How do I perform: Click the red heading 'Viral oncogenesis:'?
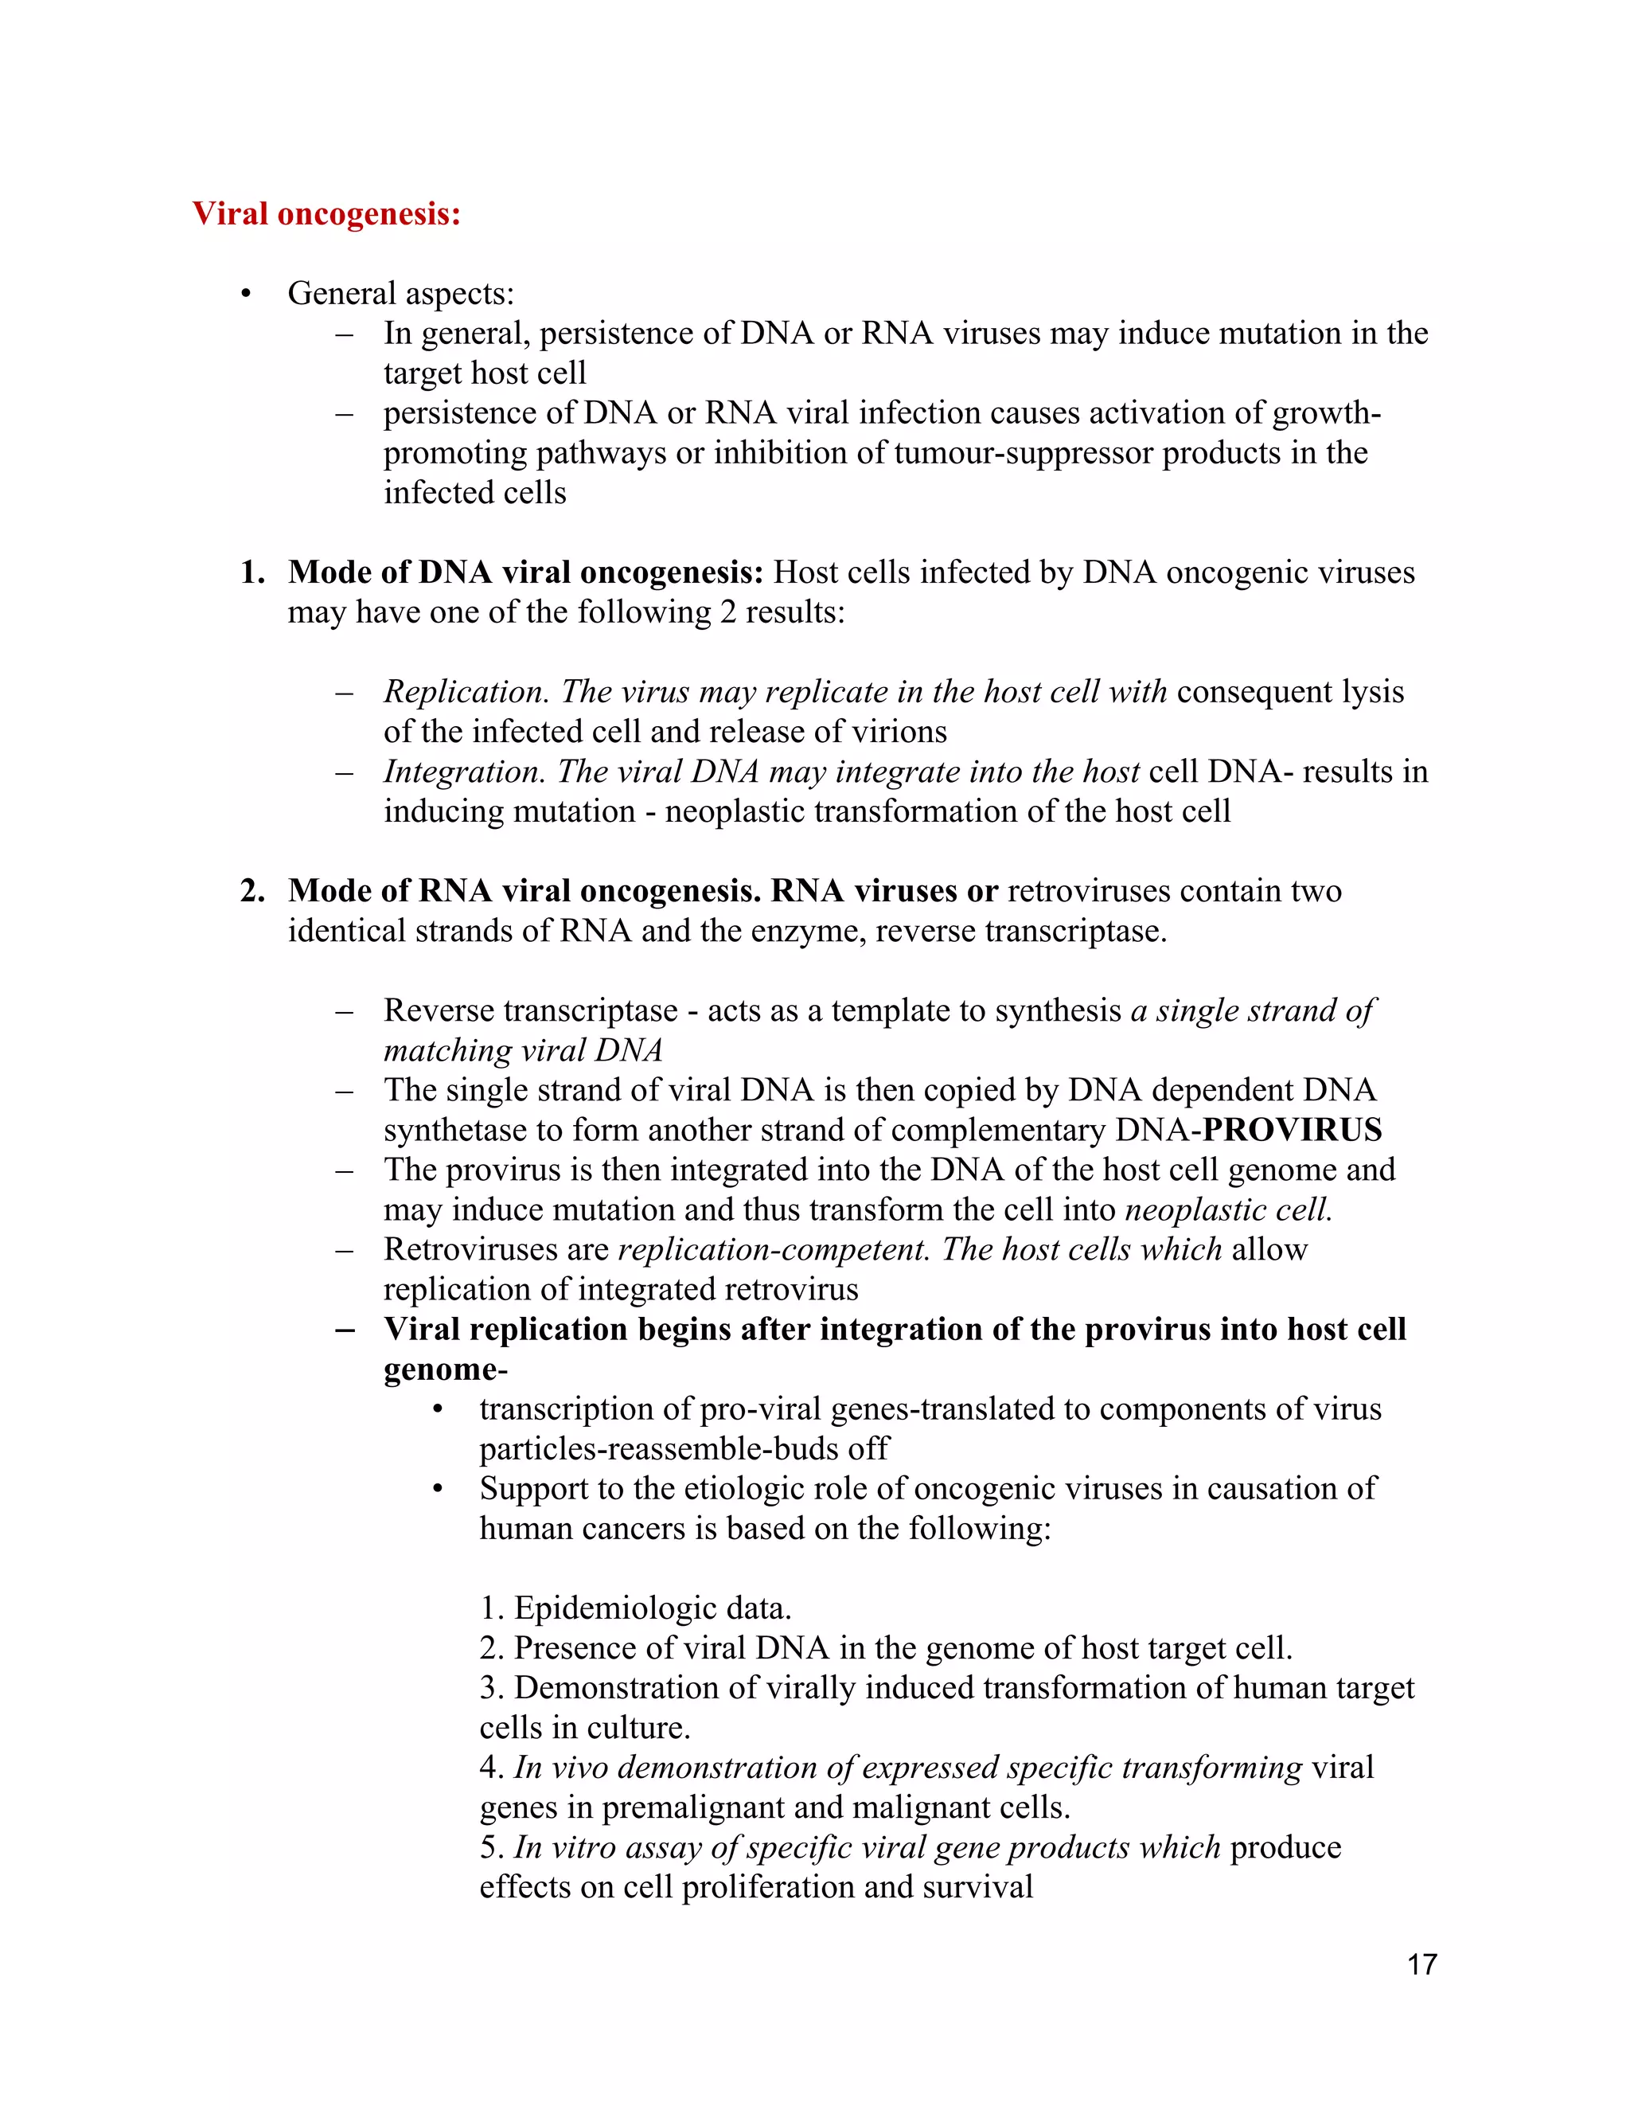[x=326, y=213]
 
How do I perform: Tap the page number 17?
[x=1421, y=1964]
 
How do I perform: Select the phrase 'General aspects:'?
[x=401, y=293]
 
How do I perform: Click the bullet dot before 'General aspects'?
[x=246, y=294]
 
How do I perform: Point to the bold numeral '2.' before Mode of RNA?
[x=252, y=891]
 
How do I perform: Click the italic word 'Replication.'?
[x=466, y=692]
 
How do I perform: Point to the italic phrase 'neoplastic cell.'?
[x=1228, y=1209]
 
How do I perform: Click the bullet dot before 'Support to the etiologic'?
[x=439, y=1490]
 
